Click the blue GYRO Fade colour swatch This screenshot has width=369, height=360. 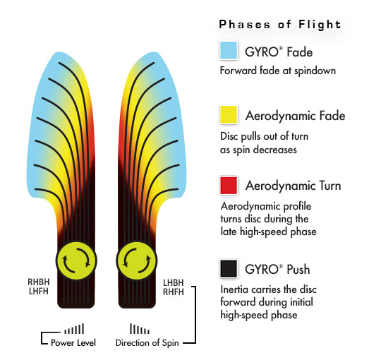[x=229, y=50]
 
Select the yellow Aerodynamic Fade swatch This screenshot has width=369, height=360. [x=229, y=114]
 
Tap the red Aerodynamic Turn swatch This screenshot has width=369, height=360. [x=229, y=186]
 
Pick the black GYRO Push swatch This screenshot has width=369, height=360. [x=229, y=269]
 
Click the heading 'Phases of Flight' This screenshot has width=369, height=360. [x=280, y=25]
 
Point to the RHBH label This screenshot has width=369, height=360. [x=39, y=282]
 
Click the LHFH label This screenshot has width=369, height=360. [x=39, y=292]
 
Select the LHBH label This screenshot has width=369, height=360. [x=174, y=282]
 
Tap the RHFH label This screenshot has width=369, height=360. [x=174, y=292]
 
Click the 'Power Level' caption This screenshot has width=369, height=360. [x=73, y=342]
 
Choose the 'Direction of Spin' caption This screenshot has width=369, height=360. [x=147, y=343]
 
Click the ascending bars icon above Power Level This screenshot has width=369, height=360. [x=74, y=329]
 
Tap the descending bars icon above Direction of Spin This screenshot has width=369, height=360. [x=140, y=329]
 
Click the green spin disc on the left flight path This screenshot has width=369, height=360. [x=76, y=260]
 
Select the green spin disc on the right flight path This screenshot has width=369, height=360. [x=137, y=260]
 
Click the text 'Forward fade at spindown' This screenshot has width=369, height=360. [x=278, y=71]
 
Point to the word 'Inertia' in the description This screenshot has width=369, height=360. [x=234, y=289]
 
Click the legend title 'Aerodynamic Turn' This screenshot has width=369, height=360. [x=293, y=186]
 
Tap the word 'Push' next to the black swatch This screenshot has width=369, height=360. [x=298, y=269]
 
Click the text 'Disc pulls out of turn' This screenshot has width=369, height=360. [x=264, y=136]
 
